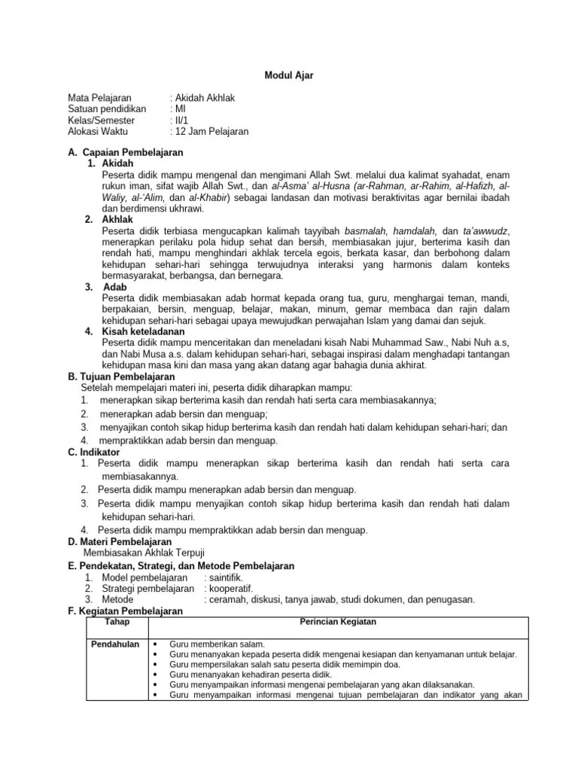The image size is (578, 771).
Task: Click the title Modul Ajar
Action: click(288, 75)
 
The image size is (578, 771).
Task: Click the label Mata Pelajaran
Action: click(100, 99)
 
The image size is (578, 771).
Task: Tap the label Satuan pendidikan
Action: click(107, 109)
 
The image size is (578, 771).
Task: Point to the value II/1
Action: click(182, 120)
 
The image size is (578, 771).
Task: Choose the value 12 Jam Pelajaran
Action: click(211, 131)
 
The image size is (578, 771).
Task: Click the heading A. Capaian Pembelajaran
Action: click(126, 153)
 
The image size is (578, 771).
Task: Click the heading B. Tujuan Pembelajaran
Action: click(121, 376)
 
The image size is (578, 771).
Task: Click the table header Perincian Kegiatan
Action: click(338, 622)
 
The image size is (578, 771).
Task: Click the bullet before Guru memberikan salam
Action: click(155, 645)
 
